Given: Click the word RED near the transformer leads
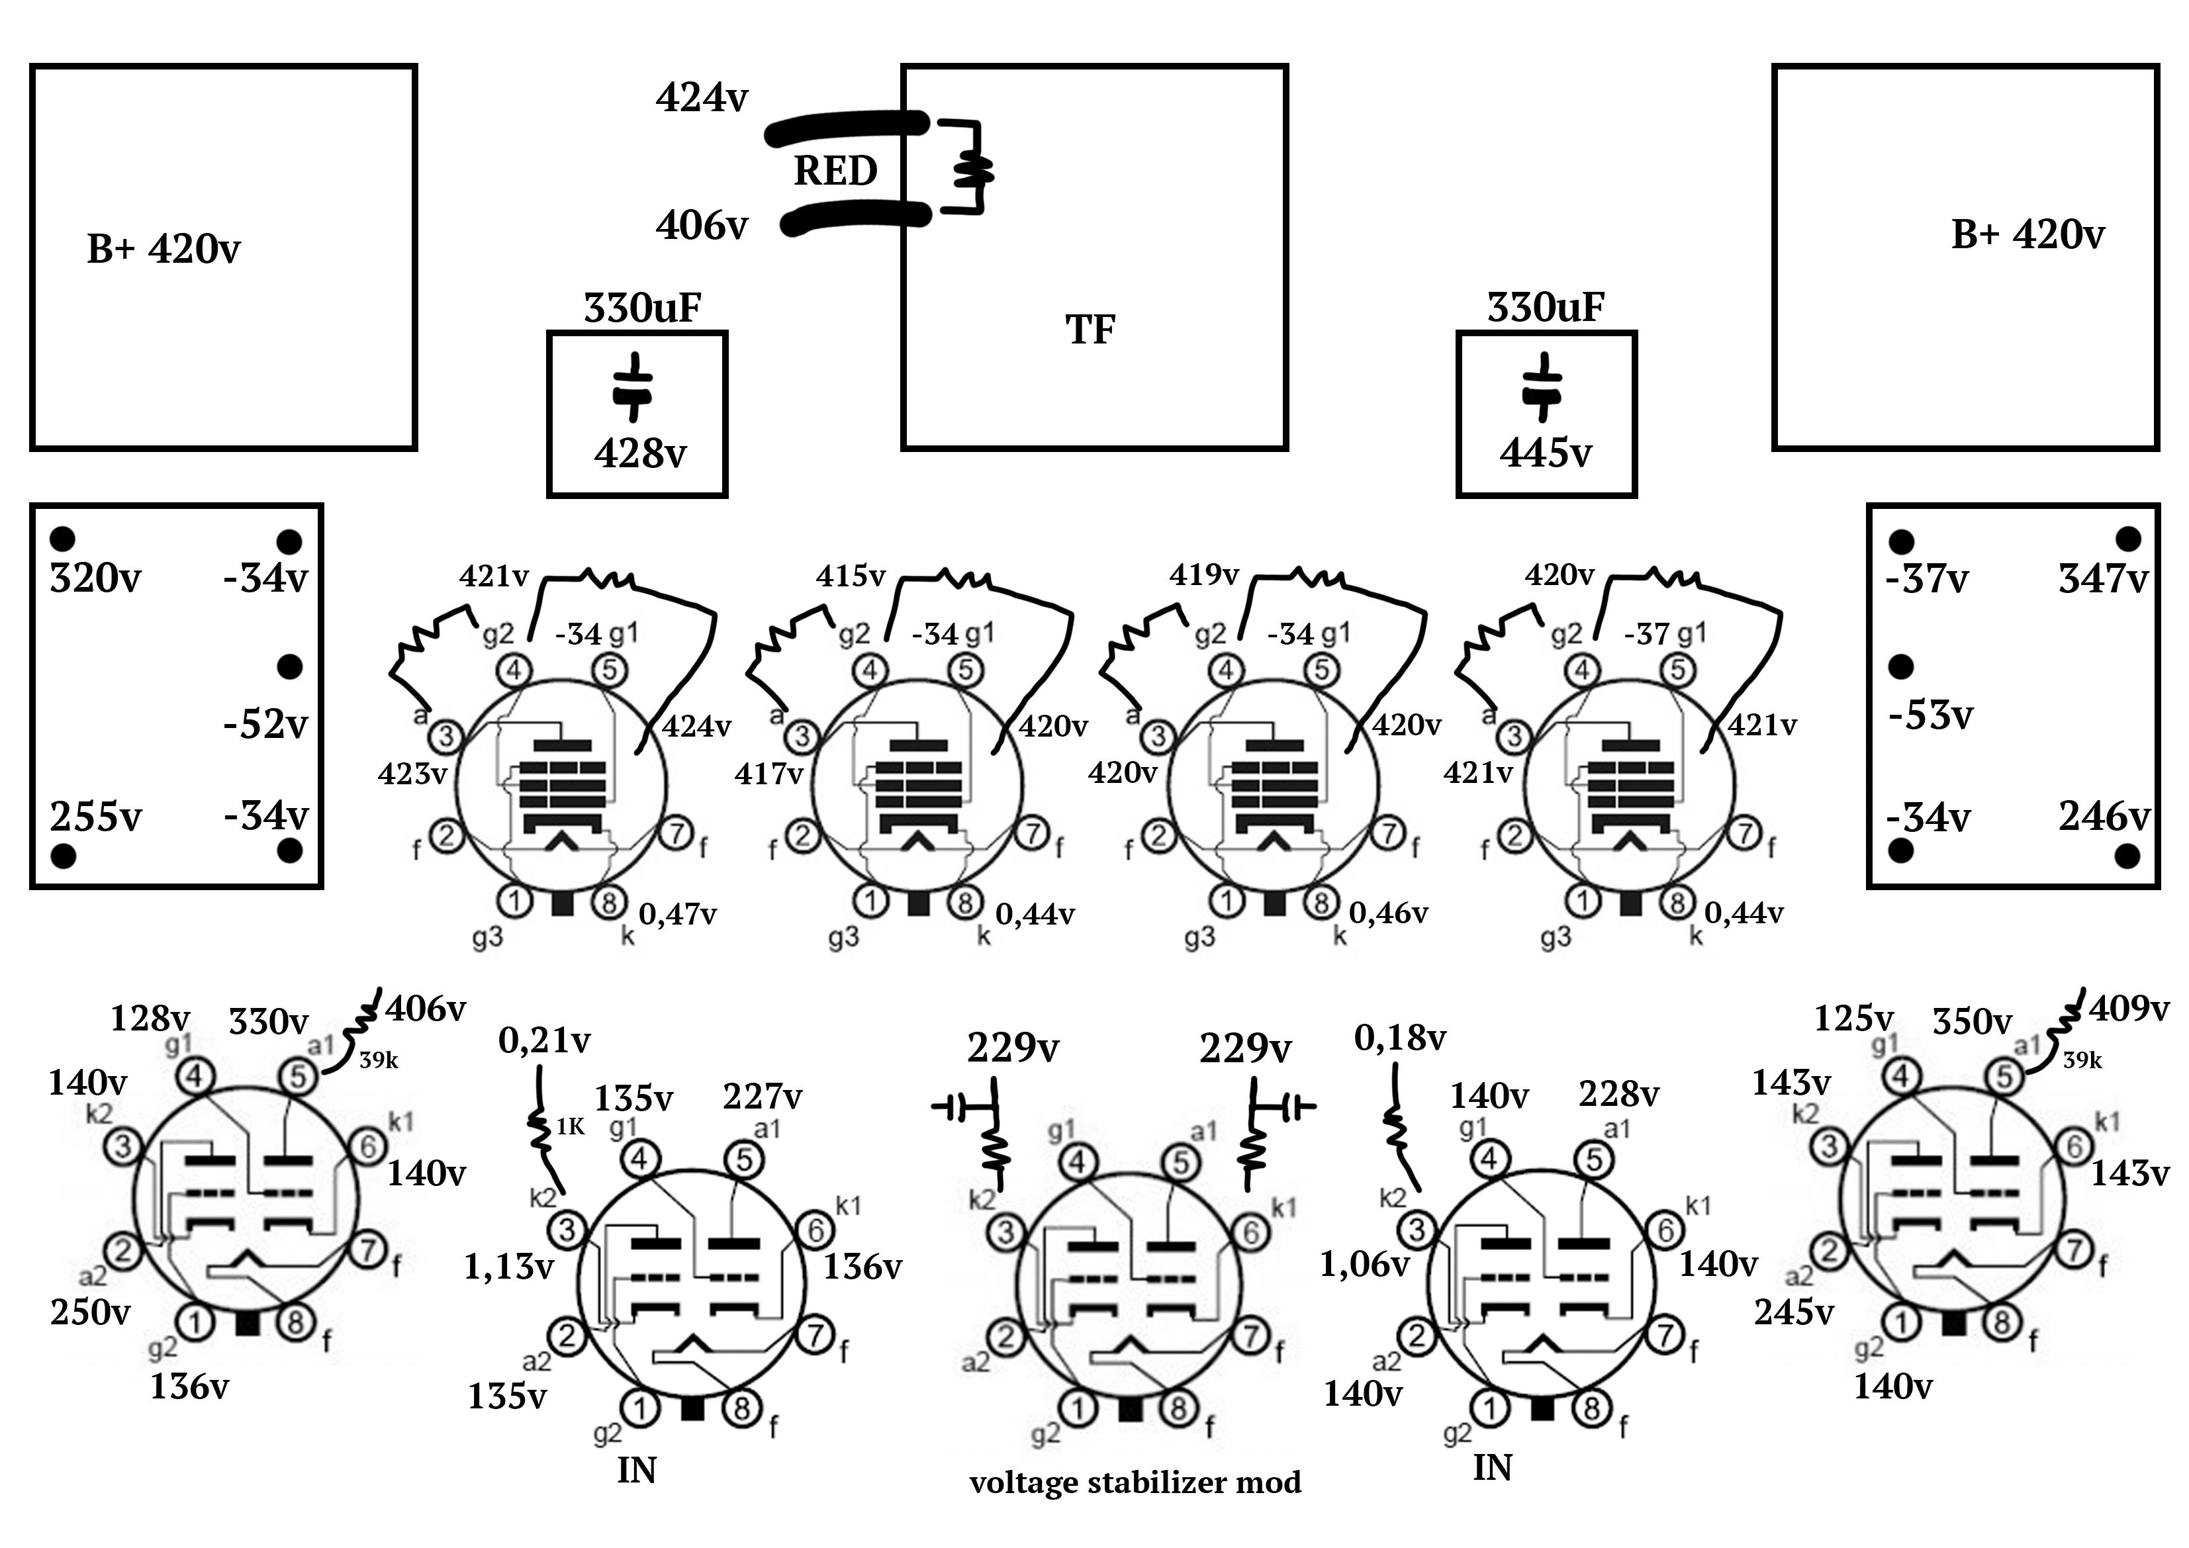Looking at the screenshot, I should [835, 171].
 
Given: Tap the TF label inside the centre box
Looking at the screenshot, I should [1090, 330].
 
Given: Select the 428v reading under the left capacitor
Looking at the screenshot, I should [639, 454].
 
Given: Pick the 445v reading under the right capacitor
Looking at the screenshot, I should [1546, 454].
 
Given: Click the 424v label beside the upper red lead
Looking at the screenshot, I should [702, 98].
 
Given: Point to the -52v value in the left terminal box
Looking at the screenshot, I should [266, 725].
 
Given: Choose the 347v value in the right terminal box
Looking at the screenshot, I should [2103, 578].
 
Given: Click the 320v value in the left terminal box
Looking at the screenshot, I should [95, 578].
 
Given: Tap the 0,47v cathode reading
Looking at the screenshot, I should [678, 915].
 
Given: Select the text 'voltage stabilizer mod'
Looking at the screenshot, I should [1135, 1482].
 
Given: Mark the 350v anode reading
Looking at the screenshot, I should [1972, 1022].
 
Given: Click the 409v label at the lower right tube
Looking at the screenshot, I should [2129, 1009].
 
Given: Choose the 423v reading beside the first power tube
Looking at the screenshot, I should [412, 774].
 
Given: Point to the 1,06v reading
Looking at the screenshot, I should [1364, 1265].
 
